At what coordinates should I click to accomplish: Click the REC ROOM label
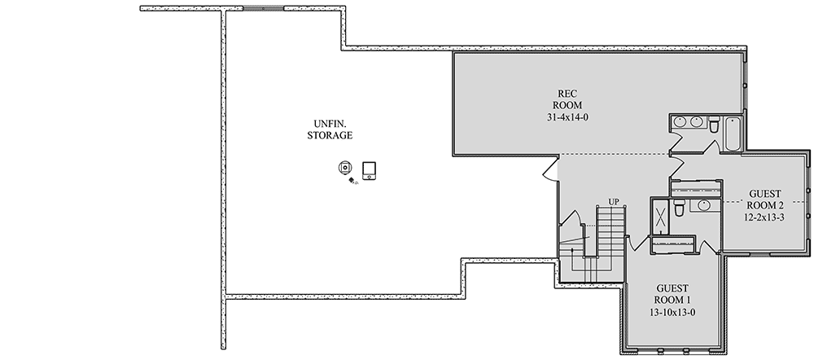click(567, 99)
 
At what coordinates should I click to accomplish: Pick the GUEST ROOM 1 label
click(673, 295)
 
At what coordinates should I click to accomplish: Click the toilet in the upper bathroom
click(712, 125)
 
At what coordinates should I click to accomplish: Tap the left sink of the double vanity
click(681, 123)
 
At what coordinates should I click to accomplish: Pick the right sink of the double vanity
click(697, 123)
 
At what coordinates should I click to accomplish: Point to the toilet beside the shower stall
click(678, 204)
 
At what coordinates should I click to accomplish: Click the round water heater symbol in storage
click(345, 168)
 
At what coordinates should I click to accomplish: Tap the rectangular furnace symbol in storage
click(370, 169)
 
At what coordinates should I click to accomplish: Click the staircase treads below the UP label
click(611, 236)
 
